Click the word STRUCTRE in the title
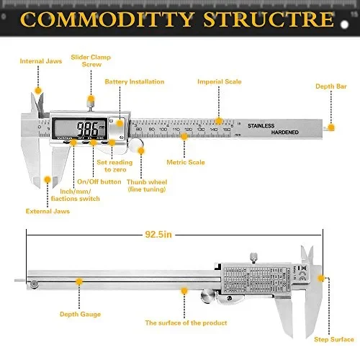click(271, 19)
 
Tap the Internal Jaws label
click(40, 61)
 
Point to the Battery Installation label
click(135, 81)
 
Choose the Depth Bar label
click(331, 86)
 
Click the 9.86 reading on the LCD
click(89, 130)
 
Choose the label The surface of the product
click(186, 323)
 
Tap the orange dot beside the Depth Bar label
click(331, 127)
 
